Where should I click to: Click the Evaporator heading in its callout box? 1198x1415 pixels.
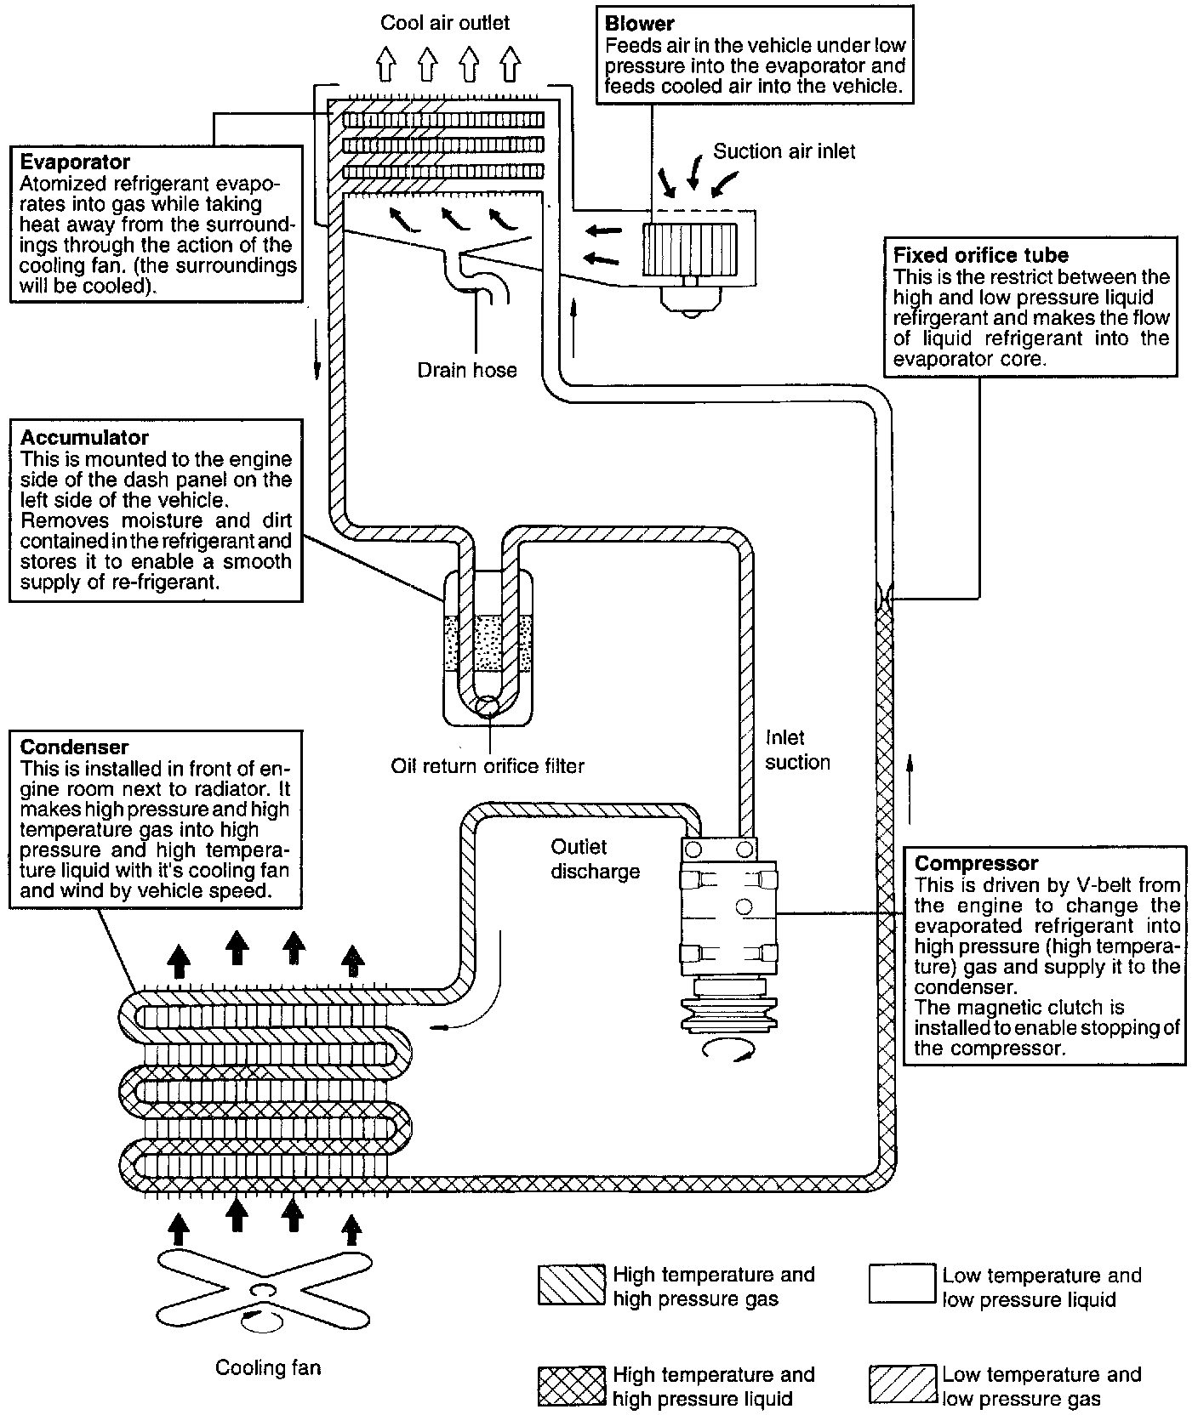[75, 162]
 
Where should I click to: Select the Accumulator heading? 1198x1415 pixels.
[84, 437]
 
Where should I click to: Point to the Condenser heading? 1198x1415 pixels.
[74, 747]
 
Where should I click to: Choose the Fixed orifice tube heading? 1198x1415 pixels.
[980, 255]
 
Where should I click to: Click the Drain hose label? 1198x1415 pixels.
[467, 370]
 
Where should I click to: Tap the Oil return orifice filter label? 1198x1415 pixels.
[488, 765]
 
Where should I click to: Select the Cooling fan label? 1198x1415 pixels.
[268, 1367]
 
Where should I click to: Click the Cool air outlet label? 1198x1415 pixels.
[445, 22]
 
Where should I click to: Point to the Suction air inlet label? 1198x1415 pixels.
[784, 151]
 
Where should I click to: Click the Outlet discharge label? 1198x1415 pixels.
[595, 859]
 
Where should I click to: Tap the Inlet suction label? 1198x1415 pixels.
[796, 750]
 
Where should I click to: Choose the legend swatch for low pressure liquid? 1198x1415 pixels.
[902, 1285]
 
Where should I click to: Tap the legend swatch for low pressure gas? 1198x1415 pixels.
[902, 1385]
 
